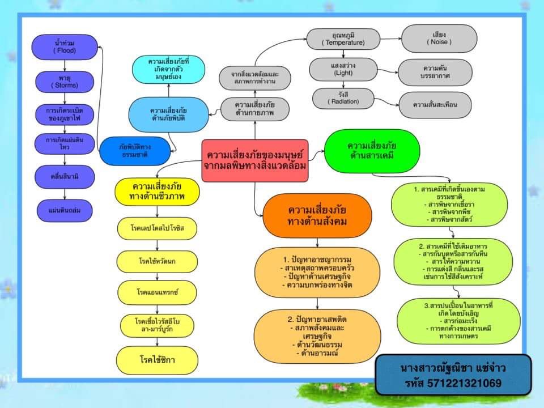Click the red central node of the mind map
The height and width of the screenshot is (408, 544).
[255, 160]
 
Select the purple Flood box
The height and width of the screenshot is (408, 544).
[65, 46]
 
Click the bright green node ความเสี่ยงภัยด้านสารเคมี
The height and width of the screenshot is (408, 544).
[372, 150]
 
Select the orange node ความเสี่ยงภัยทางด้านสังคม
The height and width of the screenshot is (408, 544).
[317, 215]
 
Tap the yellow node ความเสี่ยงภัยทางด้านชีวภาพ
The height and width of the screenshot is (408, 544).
[158, 192]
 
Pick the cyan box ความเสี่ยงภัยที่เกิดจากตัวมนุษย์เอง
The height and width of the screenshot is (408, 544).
[167, 69]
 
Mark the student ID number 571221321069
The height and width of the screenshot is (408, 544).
[453, 384]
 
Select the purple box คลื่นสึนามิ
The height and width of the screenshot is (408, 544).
[64, 177]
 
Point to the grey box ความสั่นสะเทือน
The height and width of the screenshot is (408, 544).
[435, 104]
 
